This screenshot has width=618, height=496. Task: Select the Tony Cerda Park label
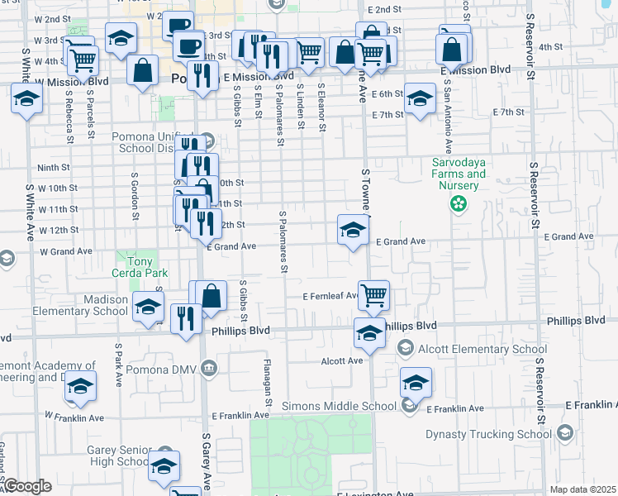coord(141,266)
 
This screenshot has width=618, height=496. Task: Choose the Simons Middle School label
coord(339,406)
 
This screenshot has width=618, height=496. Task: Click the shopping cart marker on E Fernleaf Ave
coord(373,294)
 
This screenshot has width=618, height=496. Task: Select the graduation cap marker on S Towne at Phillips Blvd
coord(368,333)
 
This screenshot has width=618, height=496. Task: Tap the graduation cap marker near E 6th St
coord(420,100)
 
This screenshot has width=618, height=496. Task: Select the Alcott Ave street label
coord(343,361)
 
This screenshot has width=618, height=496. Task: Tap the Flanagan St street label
coord(268,383)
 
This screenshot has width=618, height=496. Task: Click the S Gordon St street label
coord(133,192)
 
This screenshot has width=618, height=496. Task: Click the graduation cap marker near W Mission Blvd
coord(26,101)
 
